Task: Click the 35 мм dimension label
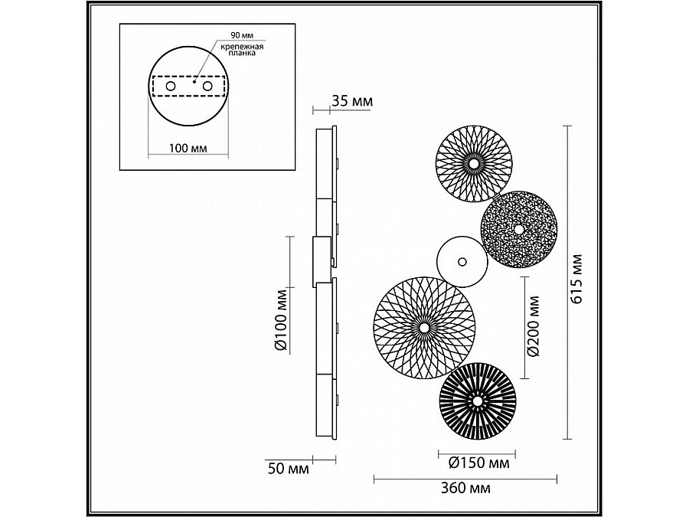coord(352,101)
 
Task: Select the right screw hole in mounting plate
coord(206,87)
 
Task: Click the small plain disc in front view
coord(462,260)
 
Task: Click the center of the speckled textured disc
coord(520,230)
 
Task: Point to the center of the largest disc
coord(424,328)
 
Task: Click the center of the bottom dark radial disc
coord(477,401)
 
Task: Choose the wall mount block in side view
coord(322,260)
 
